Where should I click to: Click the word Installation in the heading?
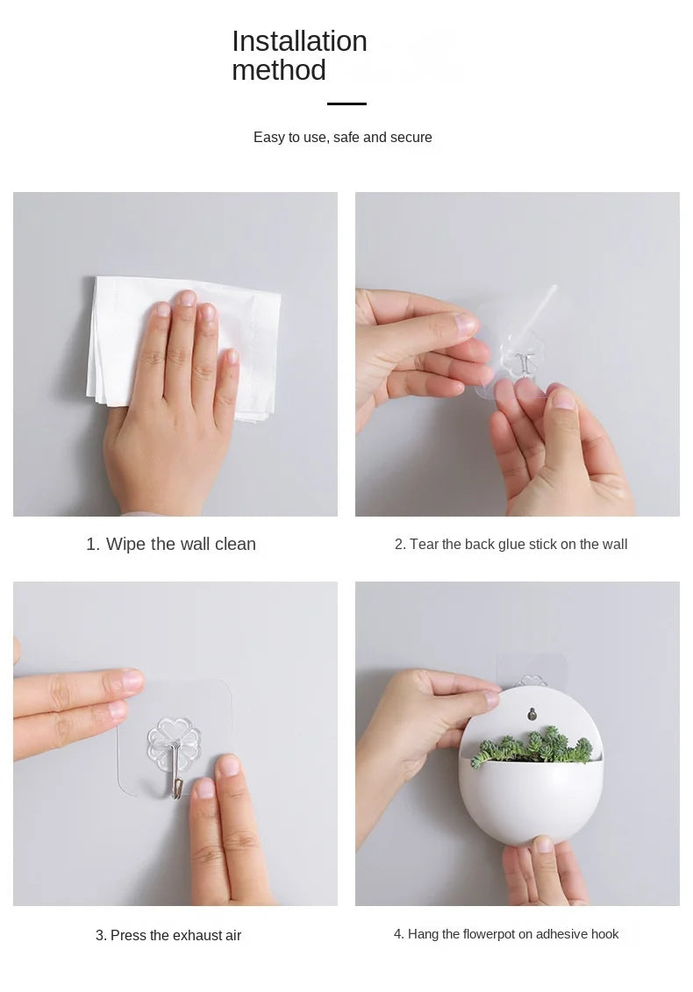coord(299,41)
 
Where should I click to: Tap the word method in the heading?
coord(278,70)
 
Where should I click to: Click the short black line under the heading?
coord(346,103)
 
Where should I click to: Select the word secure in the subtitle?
coord(411,138)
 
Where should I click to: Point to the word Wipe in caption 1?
coord(126,544)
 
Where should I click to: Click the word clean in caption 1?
coord(235,544)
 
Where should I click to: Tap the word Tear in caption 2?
coord(424,544)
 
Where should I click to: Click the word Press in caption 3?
coord(128,935)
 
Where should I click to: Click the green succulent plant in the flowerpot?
coord(532,746)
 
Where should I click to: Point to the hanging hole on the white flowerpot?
coord(532,714)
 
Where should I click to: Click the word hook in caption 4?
coord(604,934)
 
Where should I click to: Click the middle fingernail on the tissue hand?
coord(186,298)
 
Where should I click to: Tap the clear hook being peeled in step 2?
coord(520,354)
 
